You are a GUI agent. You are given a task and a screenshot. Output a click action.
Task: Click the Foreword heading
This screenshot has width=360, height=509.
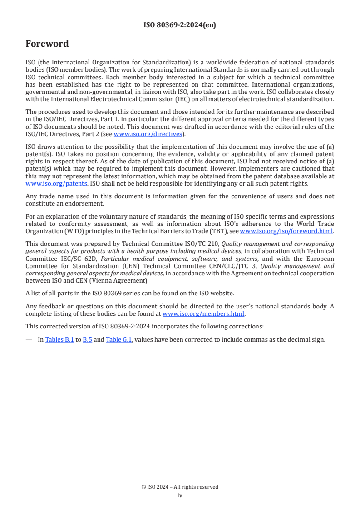click(47, 44)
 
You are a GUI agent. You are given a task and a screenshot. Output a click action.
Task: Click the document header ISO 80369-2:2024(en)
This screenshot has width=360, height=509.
click(180, 25)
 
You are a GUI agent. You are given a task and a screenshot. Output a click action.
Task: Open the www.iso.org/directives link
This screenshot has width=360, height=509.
click(148, 134)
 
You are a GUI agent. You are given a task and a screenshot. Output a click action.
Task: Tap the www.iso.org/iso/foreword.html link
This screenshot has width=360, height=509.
click(286, 231)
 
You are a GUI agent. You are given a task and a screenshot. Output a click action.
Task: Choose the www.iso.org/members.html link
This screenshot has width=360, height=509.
click(203, 313)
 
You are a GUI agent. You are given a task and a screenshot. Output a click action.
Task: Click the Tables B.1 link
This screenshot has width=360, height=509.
click(59, 339)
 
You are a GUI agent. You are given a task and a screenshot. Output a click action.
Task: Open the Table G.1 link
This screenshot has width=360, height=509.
click(119, 339)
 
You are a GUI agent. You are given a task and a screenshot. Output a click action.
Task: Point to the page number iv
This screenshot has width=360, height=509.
click(180, 495)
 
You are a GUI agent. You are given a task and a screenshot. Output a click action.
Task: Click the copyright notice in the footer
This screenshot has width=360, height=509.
click(180, 487)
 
